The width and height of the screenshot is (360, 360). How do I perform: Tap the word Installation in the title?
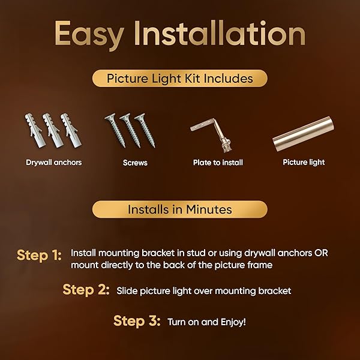click(220, 33)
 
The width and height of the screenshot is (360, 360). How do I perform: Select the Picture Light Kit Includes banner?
click(180, 78)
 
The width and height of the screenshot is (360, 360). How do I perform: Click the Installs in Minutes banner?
click(180, 209)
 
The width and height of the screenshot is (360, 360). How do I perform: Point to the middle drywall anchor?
click(53, 130)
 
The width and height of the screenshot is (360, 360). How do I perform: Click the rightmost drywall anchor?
click(71, 130)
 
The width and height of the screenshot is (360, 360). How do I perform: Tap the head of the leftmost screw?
click(110, 118)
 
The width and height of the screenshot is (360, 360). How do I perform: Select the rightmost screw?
click(145, 130)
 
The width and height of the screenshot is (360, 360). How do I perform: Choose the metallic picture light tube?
click(303, 134)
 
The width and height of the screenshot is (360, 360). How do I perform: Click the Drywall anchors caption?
click(54, 163)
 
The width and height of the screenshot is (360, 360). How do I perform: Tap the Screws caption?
click(135, 163)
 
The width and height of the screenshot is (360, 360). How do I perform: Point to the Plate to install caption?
click(218, 163)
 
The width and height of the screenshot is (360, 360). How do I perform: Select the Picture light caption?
click(304, 163)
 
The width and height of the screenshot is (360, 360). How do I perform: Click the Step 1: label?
click(39, 256)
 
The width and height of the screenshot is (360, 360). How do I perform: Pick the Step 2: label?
click(86, 290)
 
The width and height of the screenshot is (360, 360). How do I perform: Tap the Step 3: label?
click(137, 321)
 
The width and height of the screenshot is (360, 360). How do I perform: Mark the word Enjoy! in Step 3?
click(233, 322)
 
